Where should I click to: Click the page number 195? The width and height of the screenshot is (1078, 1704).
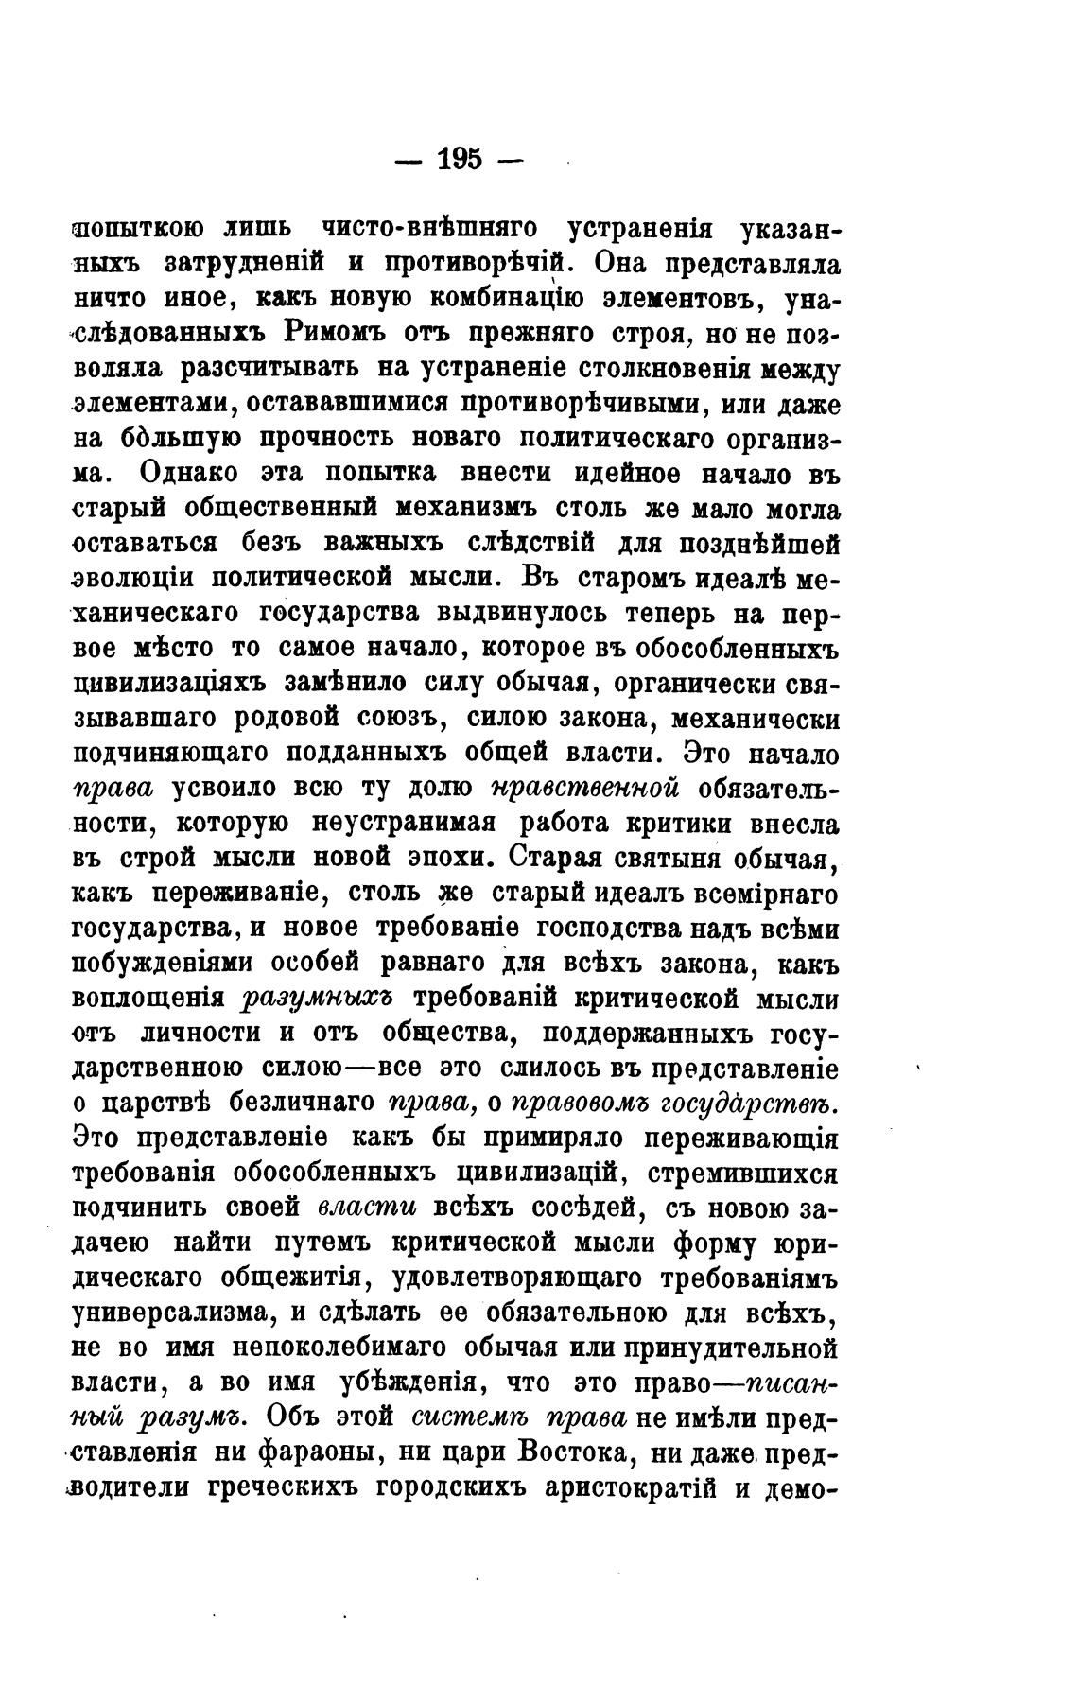click(x=460, y=158)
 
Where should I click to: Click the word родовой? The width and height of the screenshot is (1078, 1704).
click(x=295, y=718)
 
